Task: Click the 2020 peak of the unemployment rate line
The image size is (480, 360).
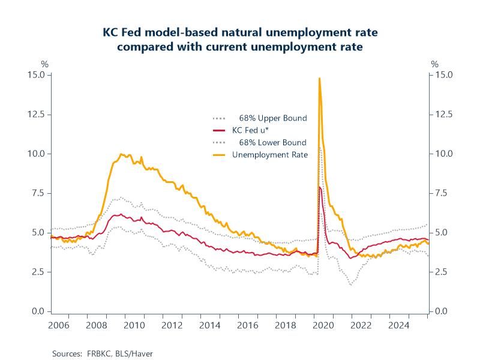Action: (319, 79)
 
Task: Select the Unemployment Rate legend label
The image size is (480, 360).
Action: (269, 155)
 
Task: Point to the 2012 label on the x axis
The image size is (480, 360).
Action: (172, 325)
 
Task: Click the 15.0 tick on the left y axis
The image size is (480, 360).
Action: (37, 75)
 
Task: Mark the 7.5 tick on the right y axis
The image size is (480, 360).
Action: (442, 193)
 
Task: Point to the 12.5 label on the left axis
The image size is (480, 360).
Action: (37, 114)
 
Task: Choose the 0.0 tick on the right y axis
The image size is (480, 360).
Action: (442, 311)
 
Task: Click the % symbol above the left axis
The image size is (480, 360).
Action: (44, 64)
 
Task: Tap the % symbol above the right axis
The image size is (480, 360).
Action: (435, 64)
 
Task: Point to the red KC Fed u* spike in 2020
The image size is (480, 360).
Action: (320, 188)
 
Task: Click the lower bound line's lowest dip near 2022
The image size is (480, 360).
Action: (350, 284)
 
